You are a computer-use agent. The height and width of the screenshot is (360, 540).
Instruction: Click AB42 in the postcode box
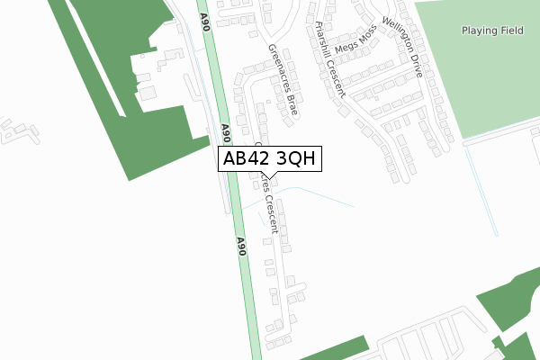[245, 159]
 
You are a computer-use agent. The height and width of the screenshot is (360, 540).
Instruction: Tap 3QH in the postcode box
[293, 159]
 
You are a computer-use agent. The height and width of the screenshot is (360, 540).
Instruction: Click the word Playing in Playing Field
[478, 31]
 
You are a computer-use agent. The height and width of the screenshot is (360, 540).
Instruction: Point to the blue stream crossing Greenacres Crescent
[306, 191]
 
